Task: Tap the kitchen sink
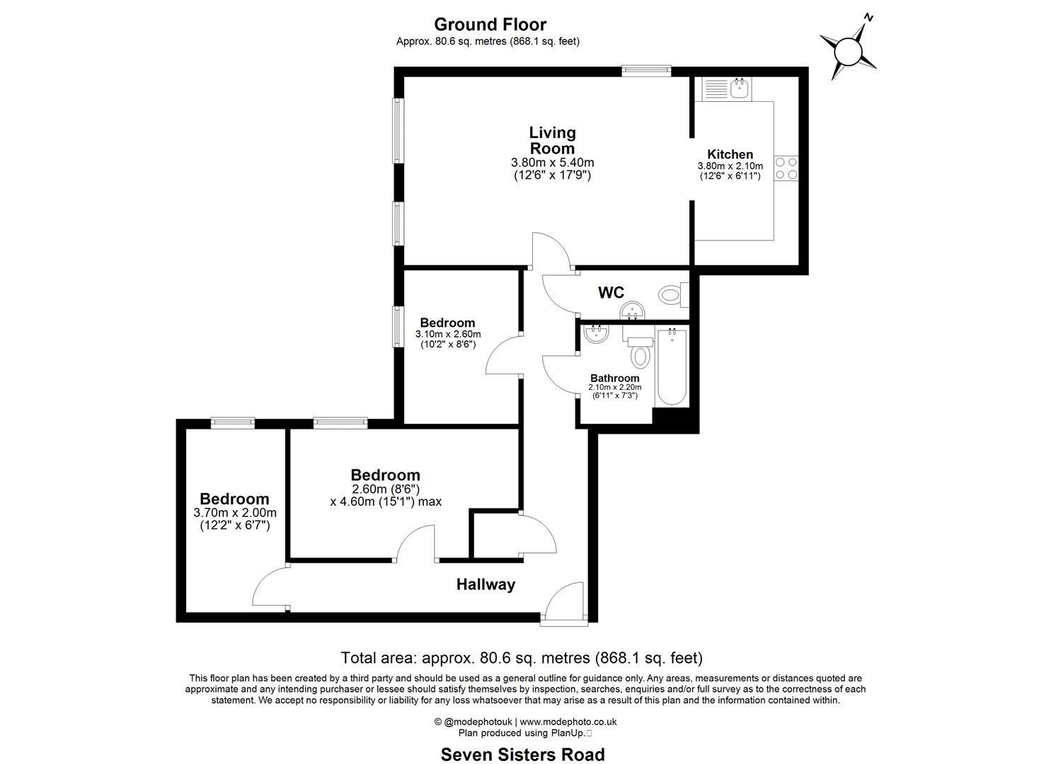tap(739, 88)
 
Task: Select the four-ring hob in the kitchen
tap(786, 168)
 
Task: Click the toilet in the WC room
tap(670, 294)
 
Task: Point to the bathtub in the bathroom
tap(671, 366)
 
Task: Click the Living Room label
tap(552, 140)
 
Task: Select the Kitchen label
tap(730, 154)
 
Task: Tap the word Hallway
tap(486, 584)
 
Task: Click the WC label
tap(611, 292)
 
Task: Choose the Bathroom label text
tap(614, 378)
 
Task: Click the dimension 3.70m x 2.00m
tap(234, 513)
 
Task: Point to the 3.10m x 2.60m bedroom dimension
tap(447, 334)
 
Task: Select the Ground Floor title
tap(490, 25)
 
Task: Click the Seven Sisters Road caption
tap(522, 754)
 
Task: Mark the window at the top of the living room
tap(645, 70)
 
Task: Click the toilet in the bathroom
tap(641, 353)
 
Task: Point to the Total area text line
tap(522, 658)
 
